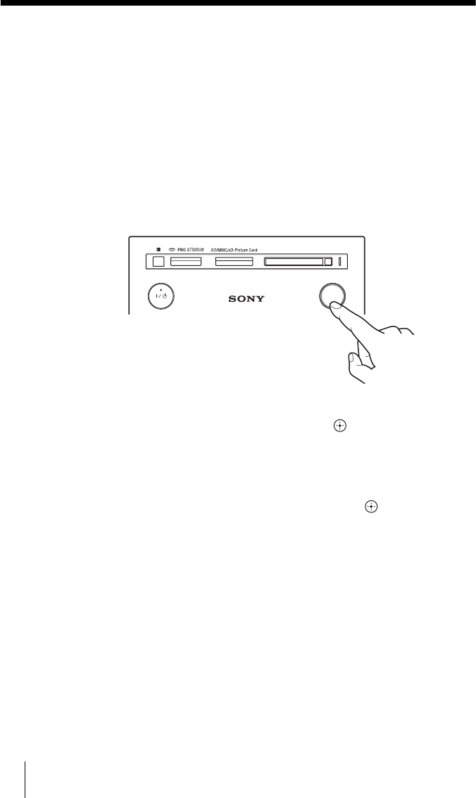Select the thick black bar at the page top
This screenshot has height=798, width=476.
pos(238,4)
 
